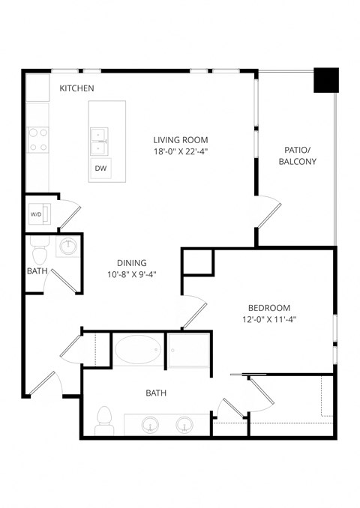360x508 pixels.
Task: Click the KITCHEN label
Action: (76, 88)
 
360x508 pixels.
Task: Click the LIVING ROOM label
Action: (181, 140)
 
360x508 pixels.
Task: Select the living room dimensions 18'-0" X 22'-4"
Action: (181, 151)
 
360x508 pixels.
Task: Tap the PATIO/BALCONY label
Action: (298, 156)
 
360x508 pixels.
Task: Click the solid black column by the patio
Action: (325, 79)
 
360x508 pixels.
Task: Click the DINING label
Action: (131, 263)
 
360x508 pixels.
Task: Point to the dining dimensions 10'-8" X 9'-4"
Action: (131, 274)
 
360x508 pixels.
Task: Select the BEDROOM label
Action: (269, 308)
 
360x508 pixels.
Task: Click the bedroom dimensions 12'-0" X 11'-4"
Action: (269, 319)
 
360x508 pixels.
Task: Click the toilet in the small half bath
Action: (39, 247)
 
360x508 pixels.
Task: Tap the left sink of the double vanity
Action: (150, 425)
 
